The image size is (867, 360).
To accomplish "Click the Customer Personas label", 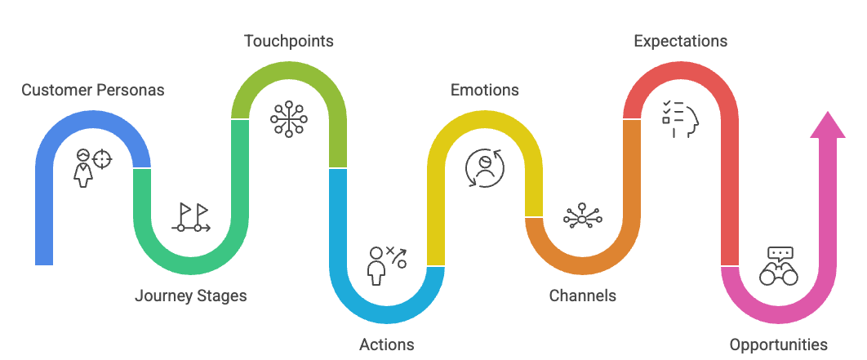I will click(93, 90).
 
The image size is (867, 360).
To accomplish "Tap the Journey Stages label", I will click(190, 296).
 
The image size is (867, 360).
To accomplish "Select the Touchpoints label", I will click(289, 41).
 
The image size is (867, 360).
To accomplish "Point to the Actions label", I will click(387, 344).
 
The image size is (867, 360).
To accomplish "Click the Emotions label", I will click(485, 90).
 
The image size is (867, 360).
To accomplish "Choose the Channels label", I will click(583, 296).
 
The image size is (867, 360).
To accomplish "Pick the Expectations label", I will click(681, 41).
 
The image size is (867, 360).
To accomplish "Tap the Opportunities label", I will click(779, 344).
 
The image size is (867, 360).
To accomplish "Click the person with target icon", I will click(91, 167).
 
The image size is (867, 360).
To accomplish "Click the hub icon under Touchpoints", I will click(289, 118).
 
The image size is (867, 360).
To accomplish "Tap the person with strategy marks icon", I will click(387, 265).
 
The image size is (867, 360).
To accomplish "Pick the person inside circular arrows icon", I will click(485, 167).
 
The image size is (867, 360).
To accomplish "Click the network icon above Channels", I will click(583, 217).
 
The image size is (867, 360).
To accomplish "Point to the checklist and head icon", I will click(681, 118).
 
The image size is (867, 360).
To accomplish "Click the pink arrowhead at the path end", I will click(828, 126).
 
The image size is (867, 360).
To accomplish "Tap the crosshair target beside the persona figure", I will click(101, 158).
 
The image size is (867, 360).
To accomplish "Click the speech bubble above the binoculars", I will click(780, 253).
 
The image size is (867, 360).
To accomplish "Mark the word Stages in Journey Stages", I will click(220, 296).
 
